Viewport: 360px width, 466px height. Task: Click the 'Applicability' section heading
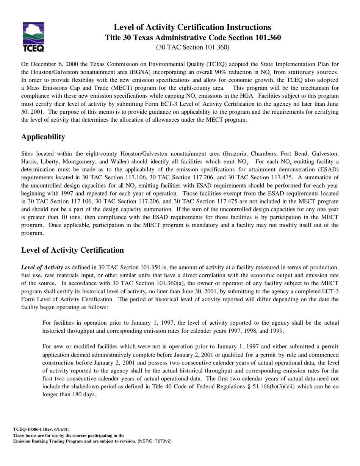coord(43,137)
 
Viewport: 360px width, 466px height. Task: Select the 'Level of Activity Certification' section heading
coord(72,250)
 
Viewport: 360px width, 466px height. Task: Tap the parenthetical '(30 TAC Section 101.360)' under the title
coord(193,47)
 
